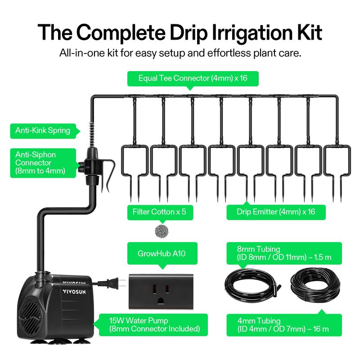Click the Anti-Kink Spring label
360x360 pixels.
pyautogui.click(x=43, y=130)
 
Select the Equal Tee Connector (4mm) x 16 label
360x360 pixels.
pyautogui.click(x=193, y=78)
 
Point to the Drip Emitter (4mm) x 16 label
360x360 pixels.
pyautogui.click(x=276, y=211)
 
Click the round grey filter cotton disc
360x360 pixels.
pyautogui.click(x=162, y=230)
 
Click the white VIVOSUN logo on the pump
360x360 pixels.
pyautogui.click(x=74, y=292)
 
